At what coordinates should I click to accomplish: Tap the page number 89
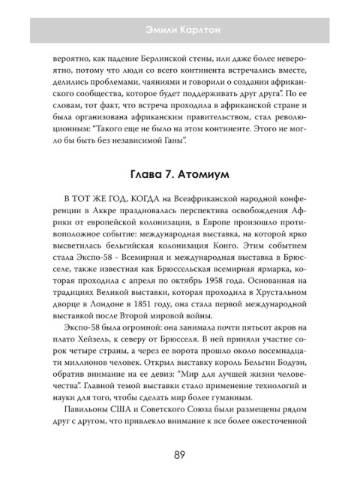click(179, 453)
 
